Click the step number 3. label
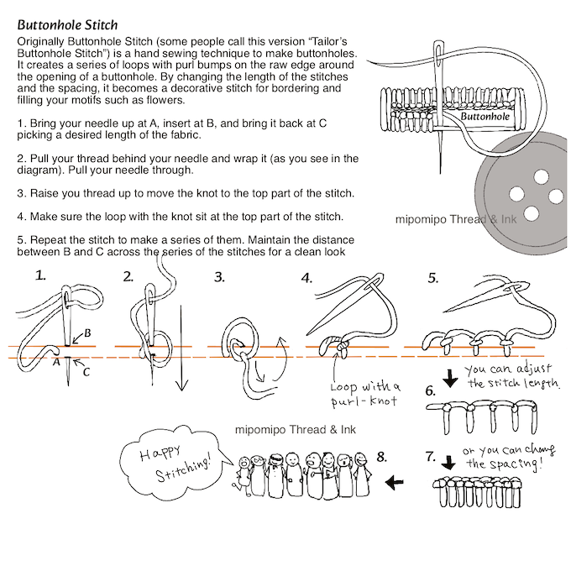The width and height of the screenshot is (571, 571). click(219, 276)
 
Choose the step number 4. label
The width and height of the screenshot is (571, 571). click(307, 277)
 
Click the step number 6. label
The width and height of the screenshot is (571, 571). click(431, 391)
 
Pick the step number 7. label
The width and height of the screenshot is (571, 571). click(431, 458)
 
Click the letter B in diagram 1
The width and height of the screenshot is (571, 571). click(87, 334)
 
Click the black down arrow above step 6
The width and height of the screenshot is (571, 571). click(451, 378)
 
